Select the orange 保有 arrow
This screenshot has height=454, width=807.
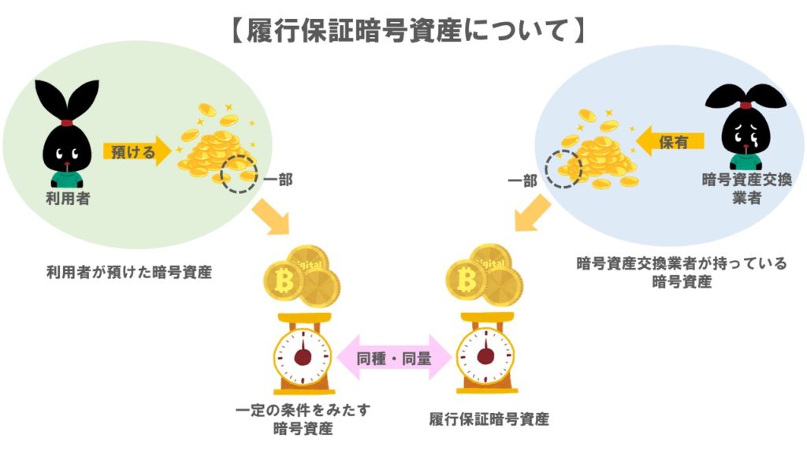(x=670, y=141)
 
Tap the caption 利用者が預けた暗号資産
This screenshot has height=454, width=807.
(x=129, y=274)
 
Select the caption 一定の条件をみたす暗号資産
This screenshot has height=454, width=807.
(x=303, y=419)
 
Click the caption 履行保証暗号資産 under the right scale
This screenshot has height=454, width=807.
(x=489, y=419)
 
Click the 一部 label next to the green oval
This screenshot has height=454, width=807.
(x=277, y=180)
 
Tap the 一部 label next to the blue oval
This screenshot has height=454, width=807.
(x=523, y=180)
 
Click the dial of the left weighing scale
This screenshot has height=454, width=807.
(x=303, y=357)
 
